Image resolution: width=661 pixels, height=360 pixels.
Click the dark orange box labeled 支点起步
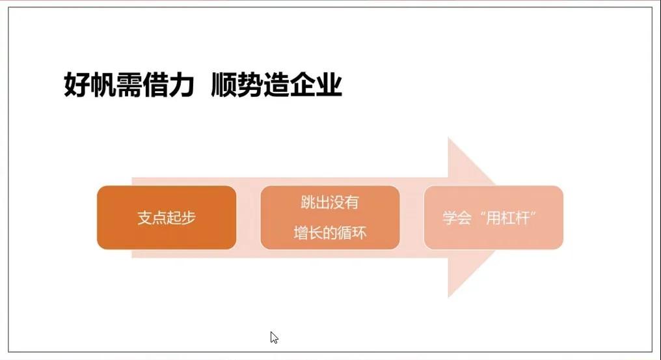tap(167, 217)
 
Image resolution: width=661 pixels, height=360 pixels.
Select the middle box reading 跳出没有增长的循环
tap(330, 217)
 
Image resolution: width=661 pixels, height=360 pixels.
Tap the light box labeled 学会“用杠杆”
tap(494, 217)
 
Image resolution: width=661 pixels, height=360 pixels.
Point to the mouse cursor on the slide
tap(274, 337)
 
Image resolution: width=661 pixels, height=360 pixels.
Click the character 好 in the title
tap(77, 85)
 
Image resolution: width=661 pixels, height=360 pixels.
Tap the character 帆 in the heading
tap(103, 85)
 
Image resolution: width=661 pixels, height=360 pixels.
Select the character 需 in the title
tap(129, 85)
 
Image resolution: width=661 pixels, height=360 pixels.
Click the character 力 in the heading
tap(182, 85)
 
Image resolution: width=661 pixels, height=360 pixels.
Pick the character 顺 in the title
tap(224, 85)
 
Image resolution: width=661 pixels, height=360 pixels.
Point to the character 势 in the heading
tap(250, 85)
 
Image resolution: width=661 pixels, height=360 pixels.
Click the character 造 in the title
tap(276, 85)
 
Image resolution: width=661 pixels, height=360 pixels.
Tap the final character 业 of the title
tap(329, 85)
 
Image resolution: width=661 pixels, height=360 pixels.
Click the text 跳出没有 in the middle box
tap(330, 202)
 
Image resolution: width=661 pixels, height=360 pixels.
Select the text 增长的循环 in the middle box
tap(330, 232)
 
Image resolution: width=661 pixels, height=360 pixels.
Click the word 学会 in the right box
tap(457, 218)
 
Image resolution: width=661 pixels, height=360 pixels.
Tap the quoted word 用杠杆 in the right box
tap(507, 218)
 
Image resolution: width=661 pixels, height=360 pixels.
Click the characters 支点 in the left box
tap(152, 218)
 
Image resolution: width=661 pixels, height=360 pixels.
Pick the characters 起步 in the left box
tap(182, 218)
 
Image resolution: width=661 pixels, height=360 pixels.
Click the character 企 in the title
tap(303, 85)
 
